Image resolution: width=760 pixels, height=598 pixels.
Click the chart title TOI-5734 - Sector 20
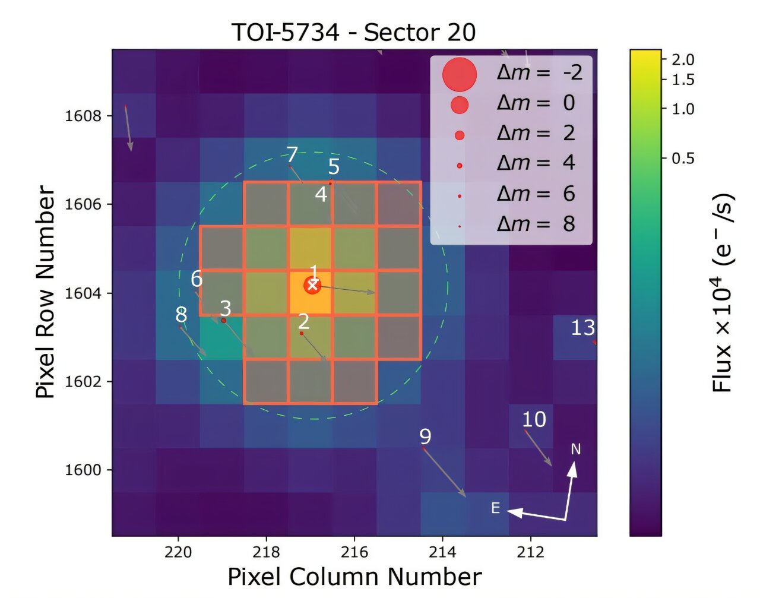click(353, 32)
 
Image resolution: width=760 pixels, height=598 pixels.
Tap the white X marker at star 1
click(312, 285)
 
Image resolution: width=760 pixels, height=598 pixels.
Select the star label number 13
click(582, 327)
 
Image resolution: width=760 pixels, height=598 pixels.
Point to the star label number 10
click(534, 419)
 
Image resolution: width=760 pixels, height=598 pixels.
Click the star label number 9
click(425, 436)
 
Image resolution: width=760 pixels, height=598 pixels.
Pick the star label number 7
click(292, 154)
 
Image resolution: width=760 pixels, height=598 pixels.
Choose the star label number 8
click(181, 314)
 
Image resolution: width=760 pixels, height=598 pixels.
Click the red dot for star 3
click(224, 321)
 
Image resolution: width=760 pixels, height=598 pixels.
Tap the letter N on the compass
click(575, 450)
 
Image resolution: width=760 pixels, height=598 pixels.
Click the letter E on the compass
click(495, 508)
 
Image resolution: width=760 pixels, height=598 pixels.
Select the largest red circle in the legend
click(459, 74)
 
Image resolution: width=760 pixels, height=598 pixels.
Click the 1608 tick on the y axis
click(83, 115)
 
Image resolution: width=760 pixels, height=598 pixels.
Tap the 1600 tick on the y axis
click(83, 470)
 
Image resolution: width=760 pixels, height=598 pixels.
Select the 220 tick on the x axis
click(178, 552)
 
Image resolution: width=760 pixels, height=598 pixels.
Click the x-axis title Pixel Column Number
click(354, 577)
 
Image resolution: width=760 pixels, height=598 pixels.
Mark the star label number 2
click(303, 321)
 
